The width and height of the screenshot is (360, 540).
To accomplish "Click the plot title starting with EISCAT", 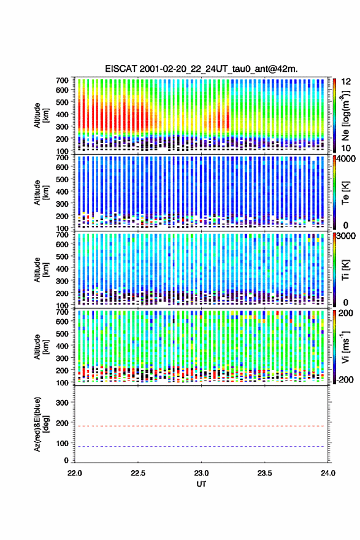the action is [201, 69].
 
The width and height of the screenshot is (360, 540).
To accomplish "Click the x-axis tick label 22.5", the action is [137, 473].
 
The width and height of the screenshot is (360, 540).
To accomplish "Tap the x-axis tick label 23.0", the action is [201, 473].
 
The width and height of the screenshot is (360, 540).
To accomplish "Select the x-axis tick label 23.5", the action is [264, 473].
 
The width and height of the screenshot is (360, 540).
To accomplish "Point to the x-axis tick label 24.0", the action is [327, 473].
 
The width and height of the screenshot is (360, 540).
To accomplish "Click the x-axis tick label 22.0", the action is [75, 473].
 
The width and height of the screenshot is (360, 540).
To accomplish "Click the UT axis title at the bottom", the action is [201, 484].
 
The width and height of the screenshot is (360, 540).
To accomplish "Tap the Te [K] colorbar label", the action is [345, 193].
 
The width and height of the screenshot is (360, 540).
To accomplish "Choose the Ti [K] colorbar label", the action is [345, 270].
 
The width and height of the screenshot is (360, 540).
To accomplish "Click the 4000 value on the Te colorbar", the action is [347, 159].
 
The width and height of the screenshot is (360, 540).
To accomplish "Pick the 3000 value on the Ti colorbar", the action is [347, 236].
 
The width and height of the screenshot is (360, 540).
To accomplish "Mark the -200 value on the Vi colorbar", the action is [345, 379].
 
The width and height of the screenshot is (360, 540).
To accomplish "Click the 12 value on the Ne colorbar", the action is [347, 82].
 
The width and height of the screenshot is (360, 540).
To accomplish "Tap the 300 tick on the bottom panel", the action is [62, 403].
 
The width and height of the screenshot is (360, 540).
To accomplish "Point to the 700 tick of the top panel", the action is [62, 80].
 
